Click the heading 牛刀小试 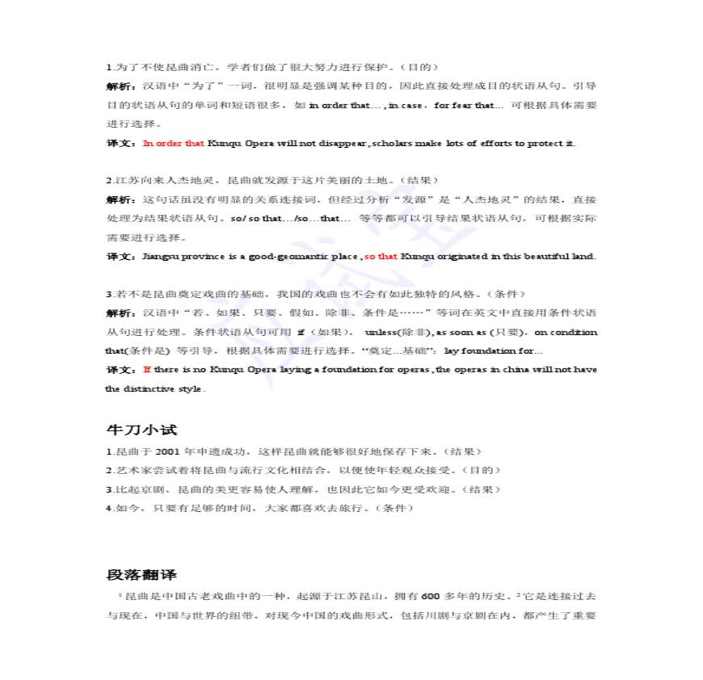pyautogui.click(x=141, y=430)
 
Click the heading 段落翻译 pyautogui.click(x=141, y=574)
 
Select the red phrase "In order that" pyautogui.click(x=174, y=144)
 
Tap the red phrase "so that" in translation pyautogui.click(x=381, y=257)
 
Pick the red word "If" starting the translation pyautogui.click(x=147, y=370)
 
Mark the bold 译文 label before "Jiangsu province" pyautogui.click(x=122, y=257)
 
